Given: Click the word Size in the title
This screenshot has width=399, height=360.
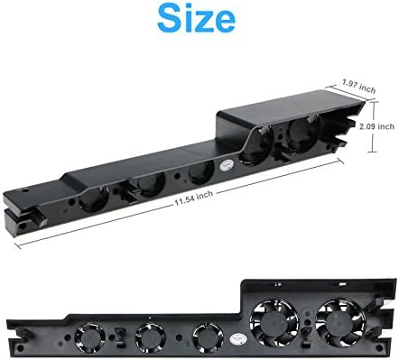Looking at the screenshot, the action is point(196,18).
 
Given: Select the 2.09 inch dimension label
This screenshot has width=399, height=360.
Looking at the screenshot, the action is point(377,126).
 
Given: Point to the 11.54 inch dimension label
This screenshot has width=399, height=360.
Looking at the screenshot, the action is point(194,198).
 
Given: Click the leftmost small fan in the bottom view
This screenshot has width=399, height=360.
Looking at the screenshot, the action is point(89,337).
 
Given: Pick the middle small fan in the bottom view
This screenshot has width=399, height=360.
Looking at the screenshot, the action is point(151,337).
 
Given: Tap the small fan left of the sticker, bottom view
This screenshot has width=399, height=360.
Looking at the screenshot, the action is point(208,337).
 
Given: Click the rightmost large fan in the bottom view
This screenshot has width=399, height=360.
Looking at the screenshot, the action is point(340,323).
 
